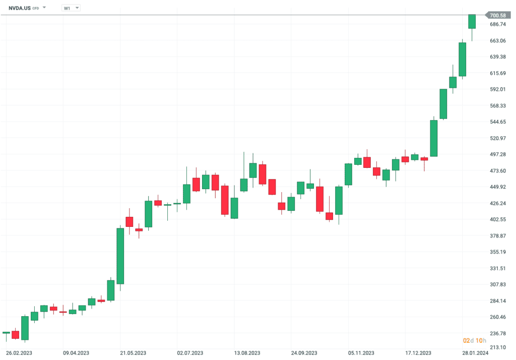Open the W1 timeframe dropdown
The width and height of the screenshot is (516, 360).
click(x=70, y=8)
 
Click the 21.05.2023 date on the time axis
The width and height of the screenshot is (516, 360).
click(x=134, y=354)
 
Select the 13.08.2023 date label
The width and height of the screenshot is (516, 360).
click(x=247, y=354)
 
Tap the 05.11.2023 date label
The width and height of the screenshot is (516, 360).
click(x=361, y=354)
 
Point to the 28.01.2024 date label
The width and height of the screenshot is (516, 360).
click(x=475, y=354)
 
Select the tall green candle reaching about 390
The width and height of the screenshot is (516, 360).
click(x=120, y=256)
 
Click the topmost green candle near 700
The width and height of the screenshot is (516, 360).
click(x=472, y=21)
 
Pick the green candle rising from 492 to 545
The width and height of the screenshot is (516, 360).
click(x=433, y=139)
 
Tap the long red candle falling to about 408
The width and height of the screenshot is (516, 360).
click(x=225, y=200)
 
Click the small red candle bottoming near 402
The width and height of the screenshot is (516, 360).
click(x=330, y=216)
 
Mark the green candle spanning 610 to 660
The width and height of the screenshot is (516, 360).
click(x=462, y=59)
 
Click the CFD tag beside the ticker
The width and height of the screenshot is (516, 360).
click(x=35, y=9)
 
